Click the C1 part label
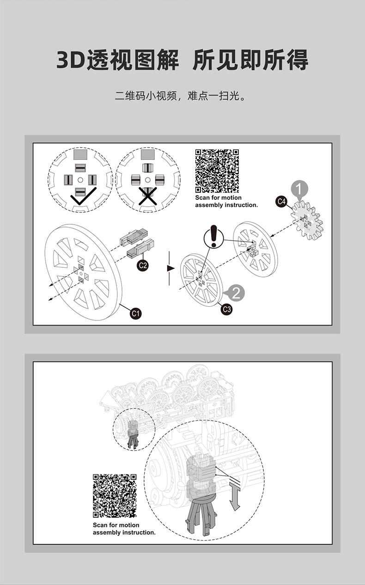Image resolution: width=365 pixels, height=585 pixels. click(136, 313)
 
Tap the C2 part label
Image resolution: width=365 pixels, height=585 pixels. click(143, 265)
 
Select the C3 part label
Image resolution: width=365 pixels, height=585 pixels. click(226, 309)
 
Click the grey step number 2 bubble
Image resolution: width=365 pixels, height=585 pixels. click(235, 293)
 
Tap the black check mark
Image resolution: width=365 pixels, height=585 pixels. click(84, 196)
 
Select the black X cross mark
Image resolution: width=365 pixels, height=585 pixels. click(148, 196)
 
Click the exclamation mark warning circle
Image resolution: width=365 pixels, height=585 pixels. click(213, 237)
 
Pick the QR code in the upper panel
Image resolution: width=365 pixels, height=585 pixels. click(217, 171)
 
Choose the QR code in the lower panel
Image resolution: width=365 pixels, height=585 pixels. click(115, 496)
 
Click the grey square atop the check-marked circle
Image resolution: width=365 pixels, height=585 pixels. click(80, 154)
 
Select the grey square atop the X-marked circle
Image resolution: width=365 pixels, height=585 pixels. click(148, 154)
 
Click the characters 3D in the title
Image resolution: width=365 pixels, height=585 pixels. click(71, 60)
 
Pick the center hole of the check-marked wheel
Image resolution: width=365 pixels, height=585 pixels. click(80, 180)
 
